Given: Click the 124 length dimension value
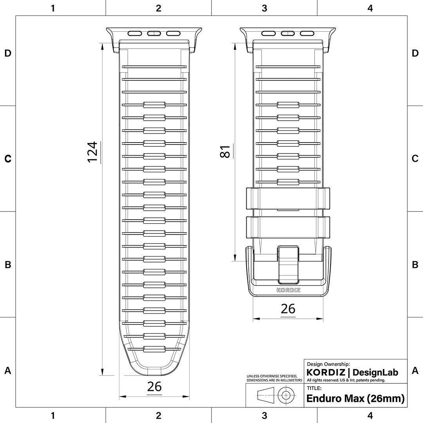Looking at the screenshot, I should coord(92,152).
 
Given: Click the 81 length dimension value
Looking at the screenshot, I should coord(225,151).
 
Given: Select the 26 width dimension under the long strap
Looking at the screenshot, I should coord(154,387).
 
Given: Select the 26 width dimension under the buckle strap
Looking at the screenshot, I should coord(288,309).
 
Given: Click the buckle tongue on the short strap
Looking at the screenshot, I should coord(288,264).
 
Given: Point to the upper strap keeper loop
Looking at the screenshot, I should coord(288,199).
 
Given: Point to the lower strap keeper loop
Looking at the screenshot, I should coord(288,227).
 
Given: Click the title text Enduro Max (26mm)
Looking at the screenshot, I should coord(355,399).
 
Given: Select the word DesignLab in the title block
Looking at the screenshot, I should coord(375,372).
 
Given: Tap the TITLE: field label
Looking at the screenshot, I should coord(314,388).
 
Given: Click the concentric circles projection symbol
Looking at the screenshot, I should coord(286,395).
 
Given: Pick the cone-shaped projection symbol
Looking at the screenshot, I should coord(265,395).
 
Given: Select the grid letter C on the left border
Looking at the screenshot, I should coord(7,159).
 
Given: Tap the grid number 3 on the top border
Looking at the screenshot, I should coord(264,8).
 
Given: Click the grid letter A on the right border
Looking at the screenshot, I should coord(415,371).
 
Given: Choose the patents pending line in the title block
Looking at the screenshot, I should coord(346,380).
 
